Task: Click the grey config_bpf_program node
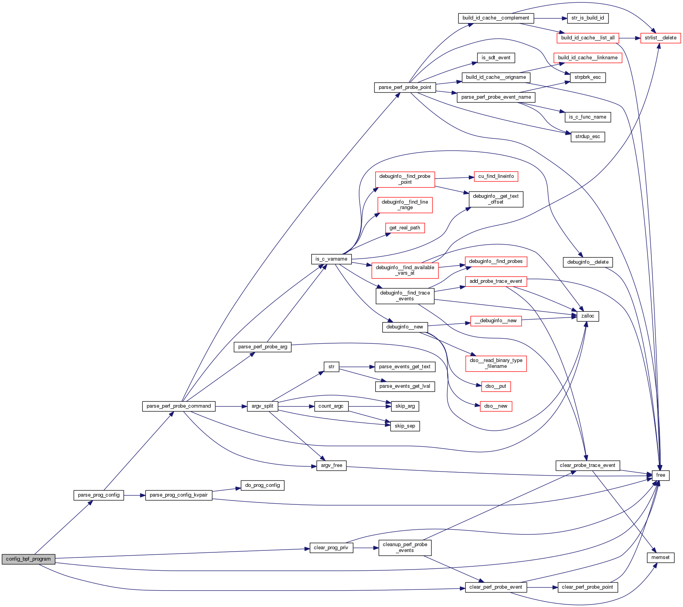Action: (28, 559)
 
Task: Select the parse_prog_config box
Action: (99, 495)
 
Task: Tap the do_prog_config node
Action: (263, 485)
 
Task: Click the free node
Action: (660, 475)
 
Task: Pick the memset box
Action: (660, 557)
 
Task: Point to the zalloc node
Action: (587, 316)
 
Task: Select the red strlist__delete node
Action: (660, 38)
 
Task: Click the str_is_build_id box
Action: (587, 18)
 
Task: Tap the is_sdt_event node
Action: (496, 58)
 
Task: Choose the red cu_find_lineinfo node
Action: (496, 176)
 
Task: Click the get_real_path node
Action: (404, 228)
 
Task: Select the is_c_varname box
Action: (331, 259)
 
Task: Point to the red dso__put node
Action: (496, 386)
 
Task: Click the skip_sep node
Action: (405, 426)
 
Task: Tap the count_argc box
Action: (331, 406)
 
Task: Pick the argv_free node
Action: (331, 465)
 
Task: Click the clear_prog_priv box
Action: (331, 548)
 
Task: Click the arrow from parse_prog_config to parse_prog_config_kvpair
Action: (135, 495)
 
